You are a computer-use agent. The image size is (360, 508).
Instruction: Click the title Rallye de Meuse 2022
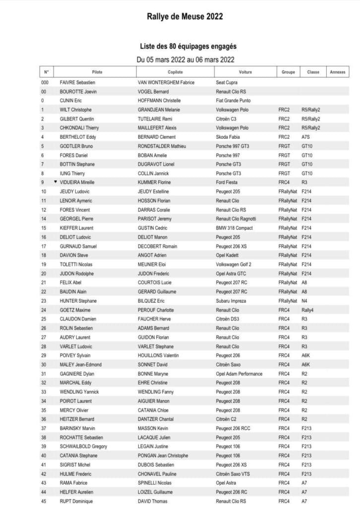[x=185, y=16]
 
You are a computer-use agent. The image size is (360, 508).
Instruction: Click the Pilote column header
[x=97, y=72]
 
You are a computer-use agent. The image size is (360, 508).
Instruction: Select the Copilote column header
[x=176, y=72]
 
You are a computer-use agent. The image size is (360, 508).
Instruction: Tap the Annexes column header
[x=337, y=72]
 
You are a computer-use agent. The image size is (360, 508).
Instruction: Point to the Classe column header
[x=313, y=72]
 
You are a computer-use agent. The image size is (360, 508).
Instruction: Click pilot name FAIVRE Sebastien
[x=77, y=82]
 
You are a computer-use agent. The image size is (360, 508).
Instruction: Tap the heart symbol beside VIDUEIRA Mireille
[x=56, y=182]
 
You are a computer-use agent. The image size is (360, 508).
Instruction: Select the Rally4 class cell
[x=308, y=310]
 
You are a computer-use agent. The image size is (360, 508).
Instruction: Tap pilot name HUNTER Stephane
[x=78, y=301]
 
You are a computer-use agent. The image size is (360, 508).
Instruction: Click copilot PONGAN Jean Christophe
[x=163, y=455]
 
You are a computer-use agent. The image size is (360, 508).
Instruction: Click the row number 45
[x=43, y=501]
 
